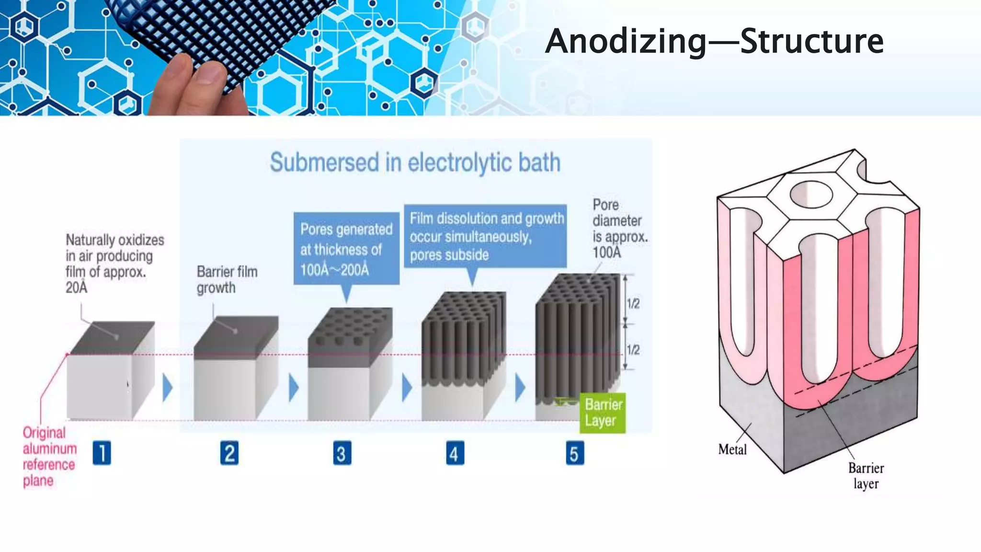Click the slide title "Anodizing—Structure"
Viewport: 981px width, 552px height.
click(x=714, y=41)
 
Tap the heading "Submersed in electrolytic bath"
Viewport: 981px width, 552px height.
click(x=415, y=162)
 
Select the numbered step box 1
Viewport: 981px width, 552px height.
click(x=102, y=453)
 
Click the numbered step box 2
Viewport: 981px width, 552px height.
click(x=229, y=453)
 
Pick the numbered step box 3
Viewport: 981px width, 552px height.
click(x=342, y=453)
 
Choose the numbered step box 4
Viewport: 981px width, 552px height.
click(x=455, y=453)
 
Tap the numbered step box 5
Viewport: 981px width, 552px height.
click(x=574, y=453)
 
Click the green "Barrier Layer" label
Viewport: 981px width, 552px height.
click(x=603, y=413)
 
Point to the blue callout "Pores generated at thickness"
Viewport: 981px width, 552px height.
click(x=346, y=249)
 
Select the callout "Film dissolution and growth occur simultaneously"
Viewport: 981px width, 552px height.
click(x=485, y=236)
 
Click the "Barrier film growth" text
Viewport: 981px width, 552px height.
click(x=227, y=279)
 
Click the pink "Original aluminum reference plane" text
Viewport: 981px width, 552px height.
click(x=49, y=456)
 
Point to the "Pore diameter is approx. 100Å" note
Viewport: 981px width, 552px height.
click(x=619, y=229)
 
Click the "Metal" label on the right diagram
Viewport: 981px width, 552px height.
click(x=732, y=449)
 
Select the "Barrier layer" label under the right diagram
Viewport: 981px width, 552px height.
click(x=866, y=475)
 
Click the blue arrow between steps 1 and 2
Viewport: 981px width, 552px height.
click(x=167, y=388)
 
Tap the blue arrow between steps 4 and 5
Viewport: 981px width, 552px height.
click(x=520, y=388)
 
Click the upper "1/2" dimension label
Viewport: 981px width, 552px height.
click(x=633, y=303)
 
